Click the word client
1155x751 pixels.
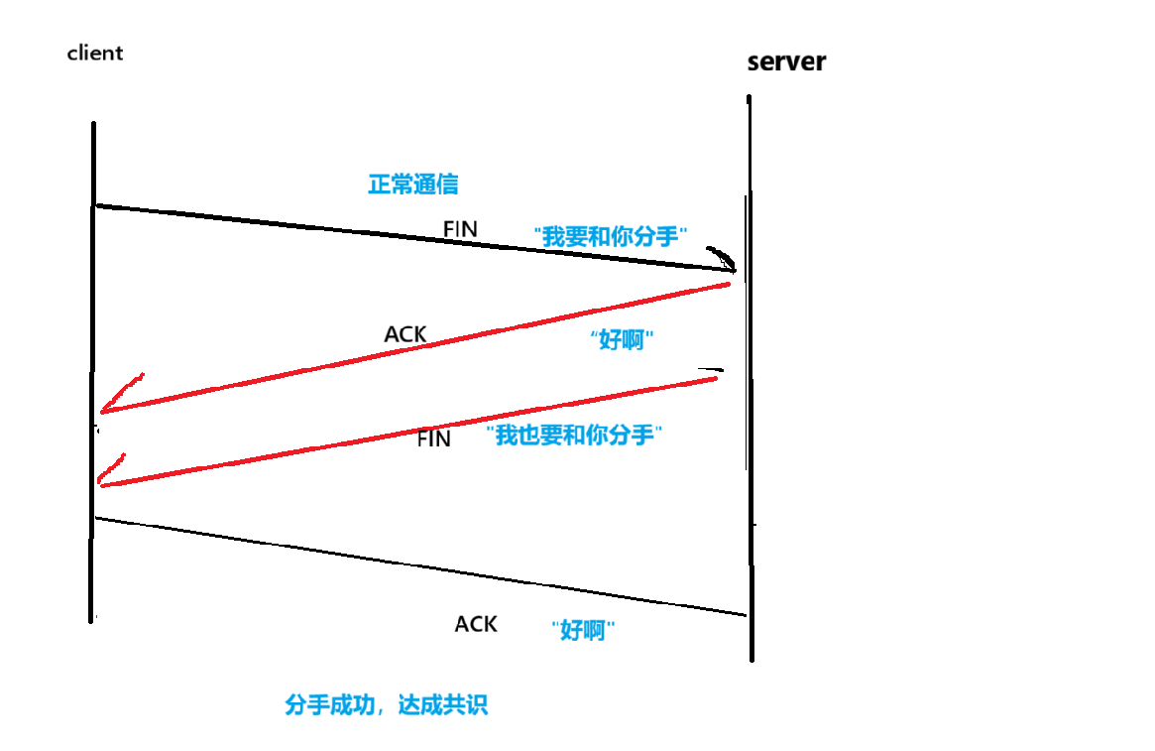pyautogui.click(x=95, y=53)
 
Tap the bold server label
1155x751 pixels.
pyautogui.click(x=786, y=62)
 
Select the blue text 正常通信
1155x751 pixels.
pyautogui.click(x=412, y=185)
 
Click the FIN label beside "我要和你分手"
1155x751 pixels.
pyautogui.click(x=460, y=229)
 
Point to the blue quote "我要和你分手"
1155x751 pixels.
pyautogui.click(x=612, y=236)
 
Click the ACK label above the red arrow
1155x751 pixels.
pyautogui.click(x=405, y=334)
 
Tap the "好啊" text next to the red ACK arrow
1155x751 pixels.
pyautogui.click(x=624, y=340)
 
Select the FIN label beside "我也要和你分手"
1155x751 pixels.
pyautogui.click(x=434, y=438)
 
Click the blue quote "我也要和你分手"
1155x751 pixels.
pyautogui.click(x=574, y=435)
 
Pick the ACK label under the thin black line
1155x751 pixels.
pyautogui.click(x=476, y=624)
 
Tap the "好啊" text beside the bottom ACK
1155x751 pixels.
pyautogui.click(x=583, y=630)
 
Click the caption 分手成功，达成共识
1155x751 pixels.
pyautogui.click(x=387, y=705)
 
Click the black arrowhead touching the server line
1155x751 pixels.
pyautogui.click(x=728, y=262)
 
